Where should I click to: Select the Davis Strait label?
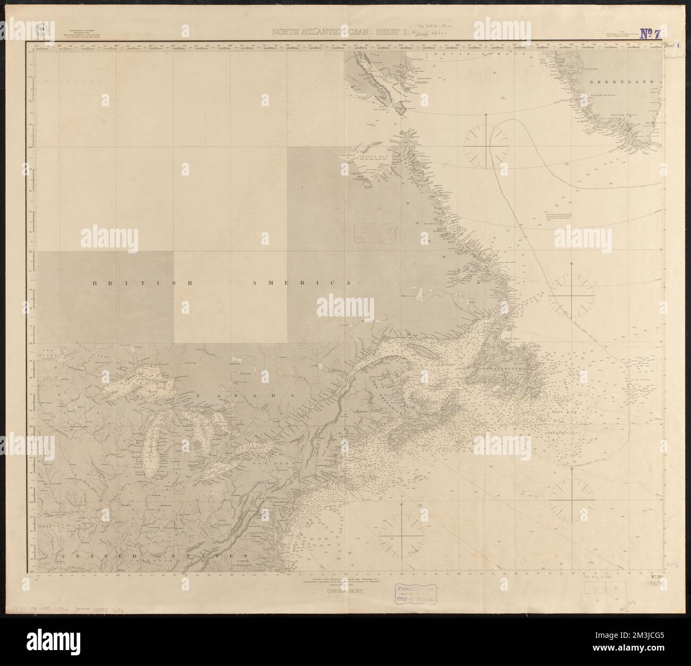click(x=478, y=54)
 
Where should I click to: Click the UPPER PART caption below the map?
click(x=340, y=589)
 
